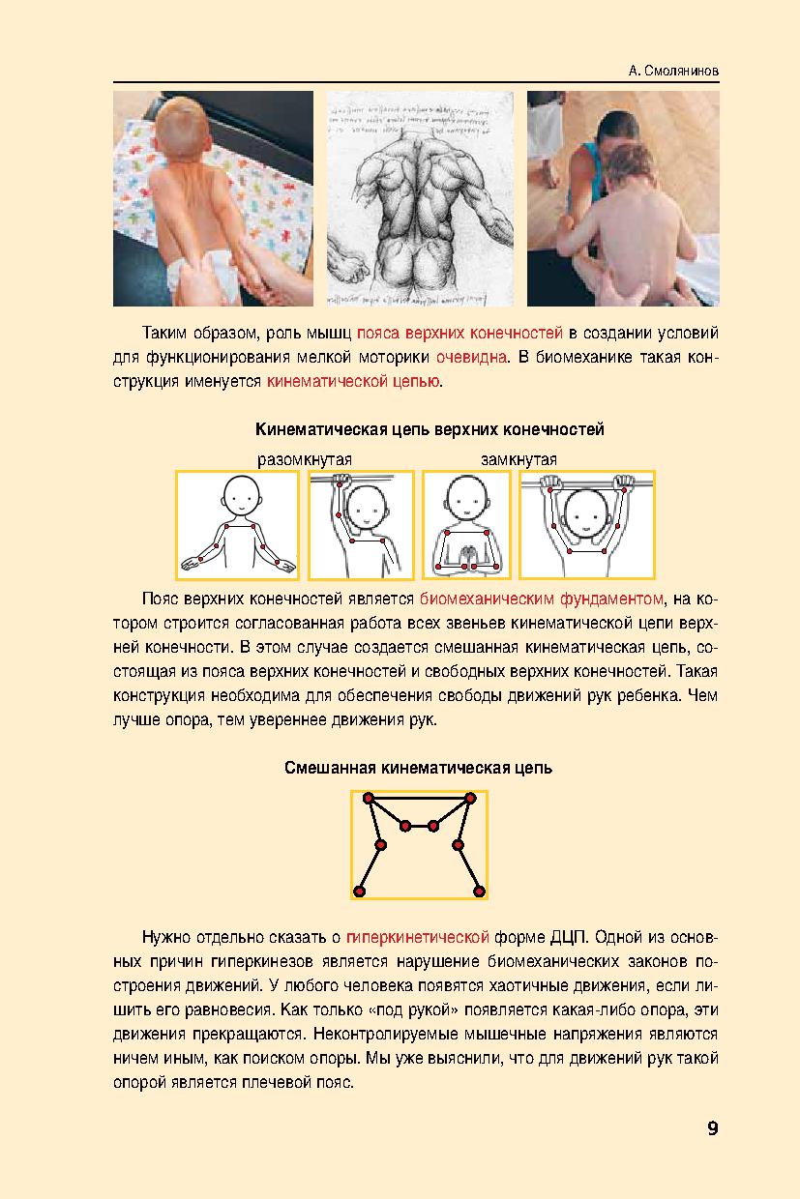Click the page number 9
click(712, 1127)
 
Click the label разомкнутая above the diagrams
click(303, 458)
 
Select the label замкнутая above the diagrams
click(519, 458)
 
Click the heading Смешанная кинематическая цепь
click(419, 769)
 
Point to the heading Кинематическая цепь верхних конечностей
click(429, 428)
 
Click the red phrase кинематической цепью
click(354, 382)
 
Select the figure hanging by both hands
click(587, 524)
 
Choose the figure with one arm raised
click(361, 524)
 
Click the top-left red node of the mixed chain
click(368, 798)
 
